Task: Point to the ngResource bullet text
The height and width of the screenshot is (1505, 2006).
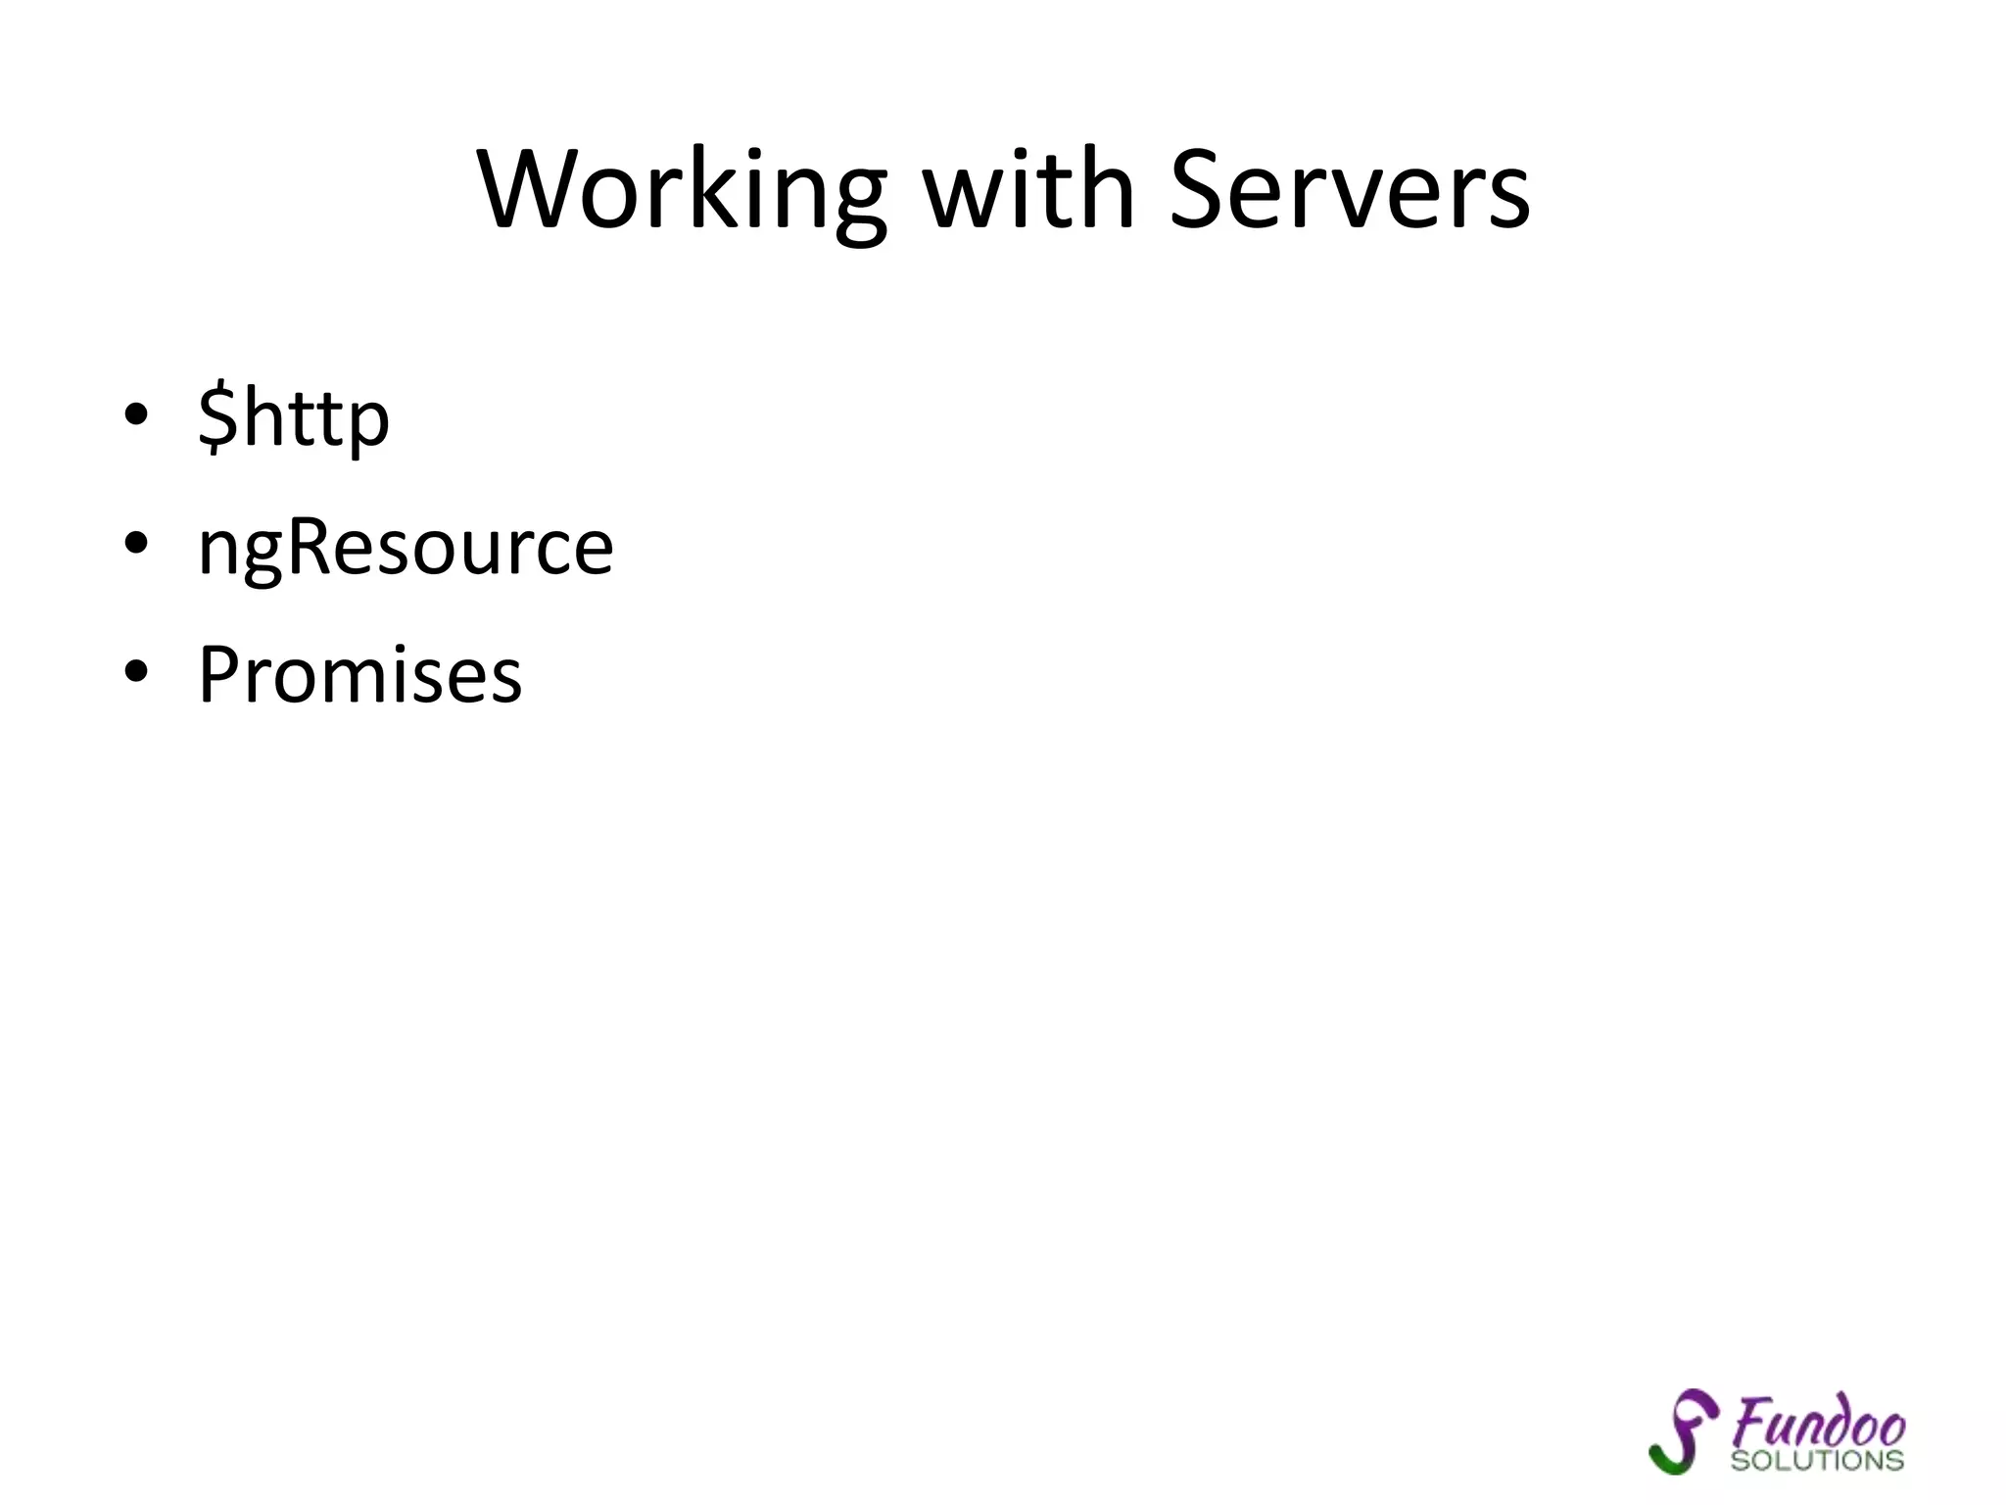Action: pos(406,546)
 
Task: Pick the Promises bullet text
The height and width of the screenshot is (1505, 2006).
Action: pos(360,675)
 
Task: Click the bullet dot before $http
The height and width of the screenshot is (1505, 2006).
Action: pos(136,414)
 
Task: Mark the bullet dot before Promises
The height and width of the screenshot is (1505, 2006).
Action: pos(136,671)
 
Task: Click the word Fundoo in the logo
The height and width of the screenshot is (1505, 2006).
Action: pos(1819,1422)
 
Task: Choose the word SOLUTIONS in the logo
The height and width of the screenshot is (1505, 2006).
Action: pos(1817,1460)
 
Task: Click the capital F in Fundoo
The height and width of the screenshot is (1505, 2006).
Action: pos(1748,1420)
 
